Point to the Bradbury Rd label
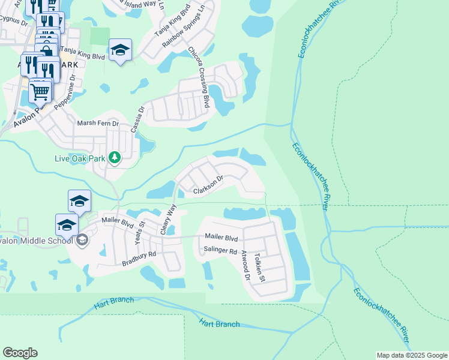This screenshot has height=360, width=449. coord(139,259)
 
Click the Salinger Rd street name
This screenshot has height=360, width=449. coord(220,251)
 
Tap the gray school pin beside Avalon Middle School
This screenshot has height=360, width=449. coord(82,241)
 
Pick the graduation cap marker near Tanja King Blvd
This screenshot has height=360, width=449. coord(120,51)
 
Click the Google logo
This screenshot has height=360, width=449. coord(20,353)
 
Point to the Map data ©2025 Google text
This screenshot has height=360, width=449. coord(411,355)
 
